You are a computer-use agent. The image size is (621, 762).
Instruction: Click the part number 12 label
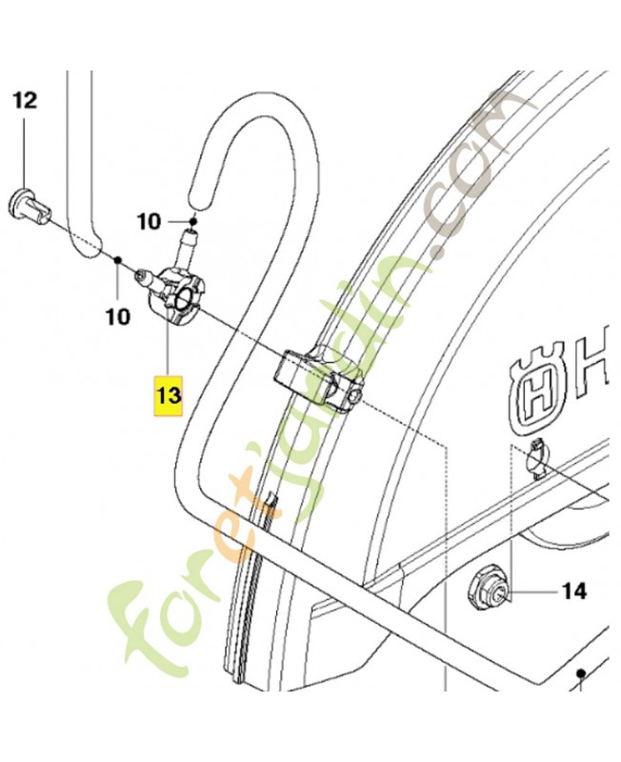[x=25, y=99]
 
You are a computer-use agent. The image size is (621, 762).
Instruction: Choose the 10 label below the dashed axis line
[x=117, y=316]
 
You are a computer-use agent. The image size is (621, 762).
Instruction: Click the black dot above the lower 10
[x=116, y=260]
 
